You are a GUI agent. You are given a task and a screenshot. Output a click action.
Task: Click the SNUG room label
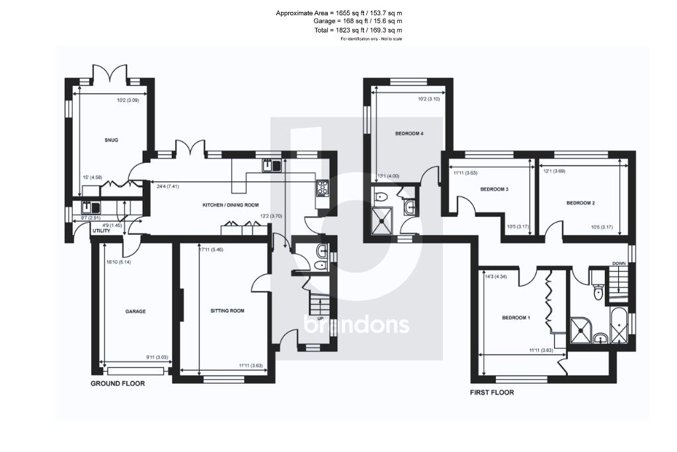(110, 140)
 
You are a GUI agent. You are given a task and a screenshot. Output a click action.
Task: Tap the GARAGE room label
(136, 311)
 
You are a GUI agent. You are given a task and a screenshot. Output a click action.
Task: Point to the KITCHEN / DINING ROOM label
(230, 205)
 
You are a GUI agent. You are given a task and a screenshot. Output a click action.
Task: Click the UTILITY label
(102, 231)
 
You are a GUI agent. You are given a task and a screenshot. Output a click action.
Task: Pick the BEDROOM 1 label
(516, 318)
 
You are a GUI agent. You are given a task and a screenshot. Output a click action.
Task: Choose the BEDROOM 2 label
(580, 203)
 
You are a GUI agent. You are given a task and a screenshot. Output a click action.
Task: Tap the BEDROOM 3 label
(494, 189)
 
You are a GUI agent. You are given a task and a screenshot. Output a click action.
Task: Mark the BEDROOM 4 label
(409, 134)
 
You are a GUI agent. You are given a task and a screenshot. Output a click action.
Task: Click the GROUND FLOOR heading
(118, 383)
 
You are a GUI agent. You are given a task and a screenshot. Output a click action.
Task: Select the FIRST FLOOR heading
(492, 392)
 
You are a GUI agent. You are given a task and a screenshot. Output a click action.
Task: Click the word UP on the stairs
(320, 318)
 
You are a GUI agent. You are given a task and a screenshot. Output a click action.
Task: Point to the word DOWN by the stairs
(619, 263)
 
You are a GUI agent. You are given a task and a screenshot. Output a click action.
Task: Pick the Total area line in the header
(358, 30)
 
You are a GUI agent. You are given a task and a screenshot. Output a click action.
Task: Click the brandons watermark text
(356, 325)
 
